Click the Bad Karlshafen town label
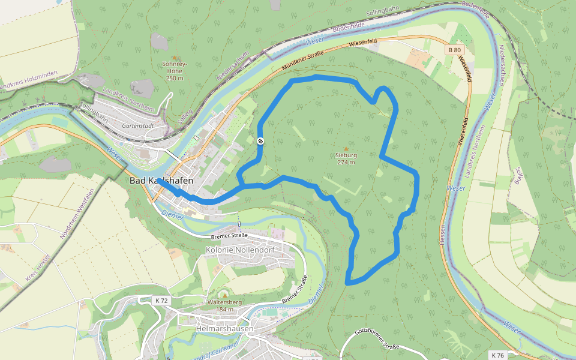click(161, 181)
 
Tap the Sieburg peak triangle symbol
click(346, 149)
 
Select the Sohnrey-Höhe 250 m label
click(174, 70)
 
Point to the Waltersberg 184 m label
click(224, 305)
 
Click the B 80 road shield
click(454, 50)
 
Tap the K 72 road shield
click(161, 300)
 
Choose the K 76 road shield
click(497, 355)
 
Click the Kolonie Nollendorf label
click(235, 250)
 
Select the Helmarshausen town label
click(225, 329)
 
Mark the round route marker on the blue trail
click(260, 141)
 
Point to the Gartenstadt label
click(135, 126)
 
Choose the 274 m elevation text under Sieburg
click(346, 162)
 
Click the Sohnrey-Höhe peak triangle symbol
click(174, 58)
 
